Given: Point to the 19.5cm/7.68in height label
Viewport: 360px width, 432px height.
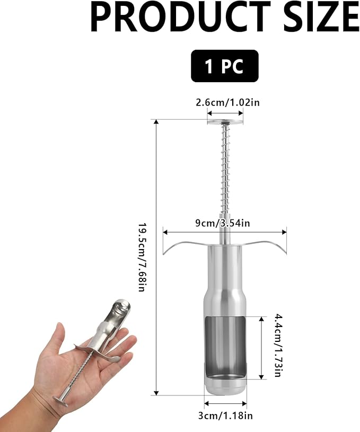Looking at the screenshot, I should (x=142, y=257).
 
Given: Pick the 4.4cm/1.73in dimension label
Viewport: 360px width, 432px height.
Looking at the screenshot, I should (x=277, y=346).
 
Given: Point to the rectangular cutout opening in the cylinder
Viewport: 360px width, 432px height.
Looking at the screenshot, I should (x=225, y=345).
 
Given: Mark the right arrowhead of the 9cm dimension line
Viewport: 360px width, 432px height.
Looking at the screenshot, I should (x=285, y=232).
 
